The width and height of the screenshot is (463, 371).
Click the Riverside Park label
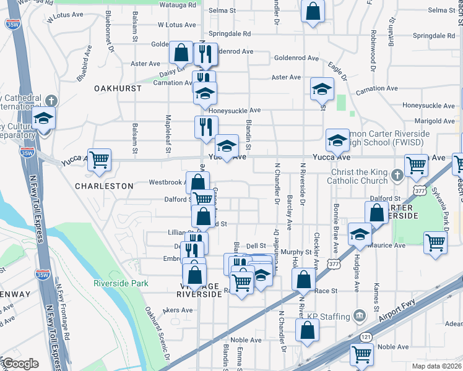tap(121, 283)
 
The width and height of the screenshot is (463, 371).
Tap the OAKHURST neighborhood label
tap(118, 88)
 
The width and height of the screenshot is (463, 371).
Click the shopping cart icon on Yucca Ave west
tap(99, 160)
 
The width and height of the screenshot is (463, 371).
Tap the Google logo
tap(20, 363)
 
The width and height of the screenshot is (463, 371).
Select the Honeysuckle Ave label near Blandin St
tap(235, 111)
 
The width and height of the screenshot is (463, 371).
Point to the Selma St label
tap(222, 11)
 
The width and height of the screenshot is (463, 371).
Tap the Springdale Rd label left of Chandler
tap(229, 33)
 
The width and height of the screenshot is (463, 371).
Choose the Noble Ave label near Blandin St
tap(246, 340)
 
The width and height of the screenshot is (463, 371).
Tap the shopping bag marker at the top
tap(313, 11)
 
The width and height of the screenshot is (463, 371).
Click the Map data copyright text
tap(436, 365)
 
